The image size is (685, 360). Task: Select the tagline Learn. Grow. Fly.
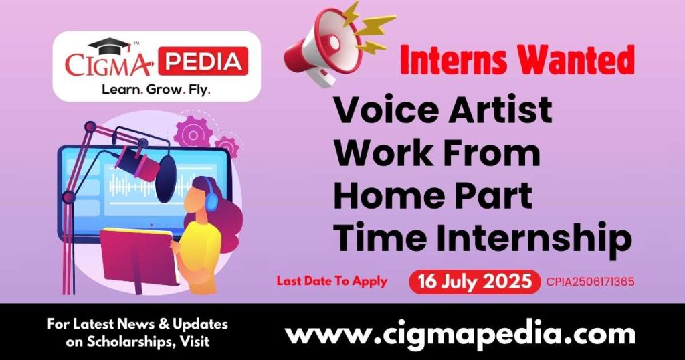click(155, 88)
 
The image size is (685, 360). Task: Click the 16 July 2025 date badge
click(474, 281)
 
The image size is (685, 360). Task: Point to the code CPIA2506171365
click(590, 282)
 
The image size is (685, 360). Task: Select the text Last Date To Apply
click(332, 281)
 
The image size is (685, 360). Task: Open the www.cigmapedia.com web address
click(460, 333)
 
